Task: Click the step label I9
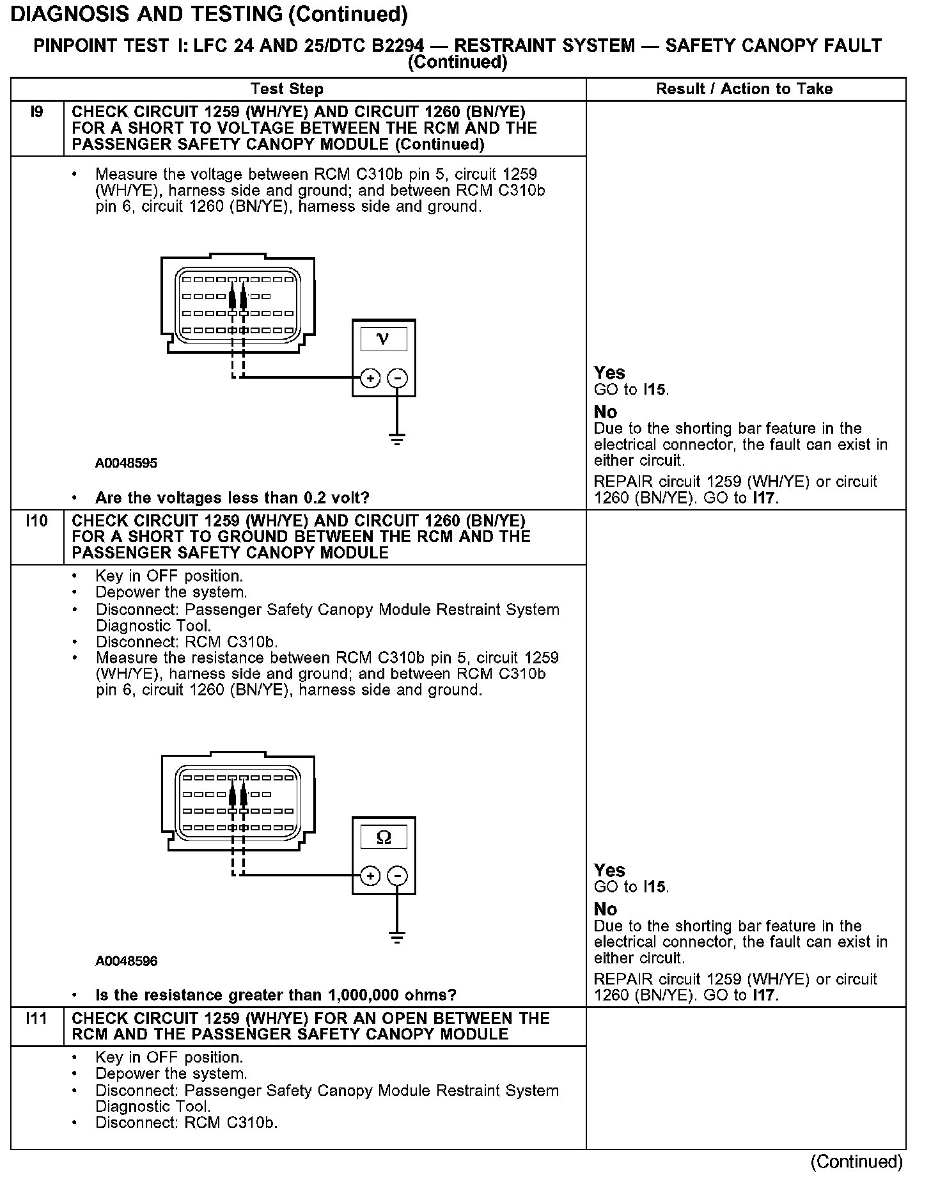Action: (36, 113)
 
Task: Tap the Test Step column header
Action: (286, 89)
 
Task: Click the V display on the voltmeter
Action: (383, 338)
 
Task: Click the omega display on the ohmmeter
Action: (384, 837)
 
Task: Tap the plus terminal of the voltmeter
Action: (370, 378)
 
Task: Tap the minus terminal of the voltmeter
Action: (398, 378)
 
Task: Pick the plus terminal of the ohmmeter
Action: (370, 875)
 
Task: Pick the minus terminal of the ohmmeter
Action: (398, 875)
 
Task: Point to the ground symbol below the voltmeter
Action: (397, 439)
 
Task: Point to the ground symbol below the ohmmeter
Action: (397, 938)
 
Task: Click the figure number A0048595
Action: (126, 463)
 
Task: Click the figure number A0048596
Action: (126, 961)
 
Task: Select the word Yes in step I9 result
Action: (609, 372)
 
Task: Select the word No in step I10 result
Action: (606, 909)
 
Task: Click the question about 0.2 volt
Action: (232, 498)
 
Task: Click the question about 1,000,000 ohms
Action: (276, 995)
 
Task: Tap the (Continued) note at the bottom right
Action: (856, 1161)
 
